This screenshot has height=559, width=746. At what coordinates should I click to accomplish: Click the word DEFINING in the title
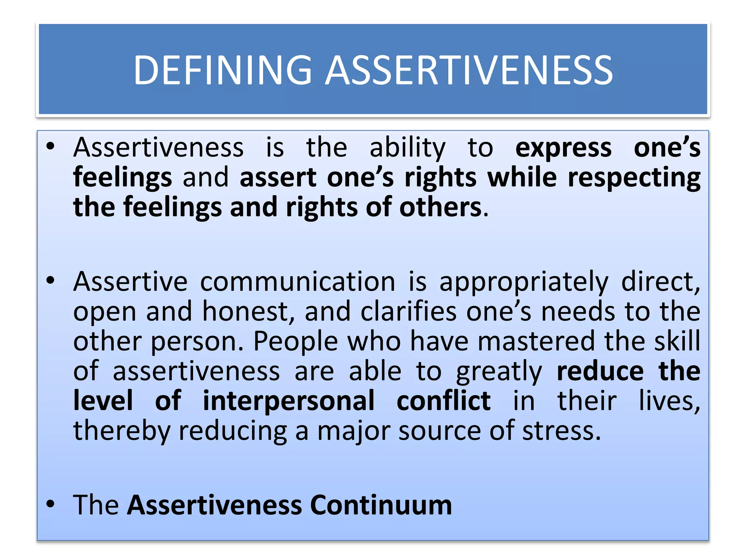(223, 70)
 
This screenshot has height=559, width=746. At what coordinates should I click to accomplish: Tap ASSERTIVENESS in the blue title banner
(469, 70)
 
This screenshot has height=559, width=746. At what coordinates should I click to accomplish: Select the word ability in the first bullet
(407, 148)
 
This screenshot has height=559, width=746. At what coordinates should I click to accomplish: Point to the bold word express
(563, 148)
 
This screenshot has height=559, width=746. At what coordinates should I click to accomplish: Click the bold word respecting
(634, 178)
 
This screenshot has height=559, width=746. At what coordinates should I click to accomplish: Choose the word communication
(298, 282)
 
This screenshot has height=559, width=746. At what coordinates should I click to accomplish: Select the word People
(295, 341)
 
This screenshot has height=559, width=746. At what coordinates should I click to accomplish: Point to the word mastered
(535, 341)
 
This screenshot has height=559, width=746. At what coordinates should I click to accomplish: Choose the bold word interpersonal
(288, 401)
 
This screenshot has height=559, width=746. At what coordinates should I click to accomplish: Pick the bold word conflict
(443, 401)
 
